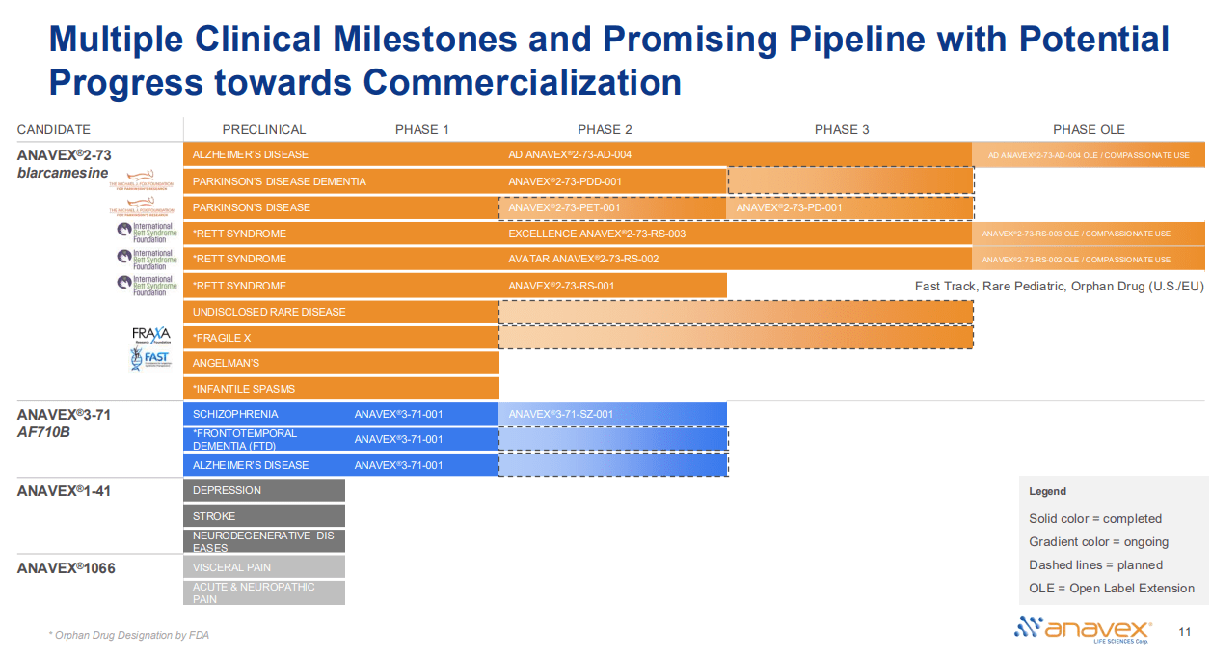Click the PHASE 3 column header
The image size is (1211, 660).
coord(841,129)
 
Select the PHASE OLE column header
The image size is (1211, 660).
coord(1088,129)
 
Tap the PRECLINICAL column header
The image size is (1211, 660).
coord(263,129)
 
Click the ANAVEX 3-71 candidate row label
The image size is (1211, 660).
coord(64,415)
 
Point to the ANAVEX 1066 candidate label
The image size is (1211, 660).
coord(66,568)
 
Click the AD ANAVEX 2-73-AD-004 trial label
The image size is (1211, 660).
coord(570,154)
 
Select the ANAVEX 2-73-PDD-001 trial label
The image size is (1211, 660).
coord(566,181)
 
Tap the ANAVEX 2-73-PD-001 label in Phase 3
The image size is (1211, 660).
coord(789,207)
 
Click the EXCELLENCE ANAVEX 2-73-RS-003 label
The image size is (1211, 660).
coord(597,234)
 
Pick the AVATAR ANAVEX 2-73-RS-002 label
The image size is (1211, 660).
coord(583,259)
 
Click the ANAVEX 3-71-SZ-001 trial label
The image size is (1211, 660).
coord(560,414)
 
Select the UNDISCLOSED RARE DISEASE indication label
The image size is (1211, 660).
coord(269,312)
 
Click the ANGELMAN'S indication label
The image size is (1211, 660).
coord(226,363)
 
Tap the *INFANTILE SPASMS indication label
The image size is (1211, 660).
coord(244,389)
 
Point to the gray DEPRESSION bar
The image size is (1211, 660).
coord(263,490)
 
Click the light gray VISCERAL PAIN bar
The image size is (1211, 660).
coord(263,567)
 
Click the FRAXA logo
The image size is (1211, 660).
coord(150,334)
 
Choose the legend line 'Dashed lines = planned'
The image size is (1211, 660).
coord(1095,565)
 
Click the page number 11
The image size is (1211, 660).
coord(1186,632)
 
